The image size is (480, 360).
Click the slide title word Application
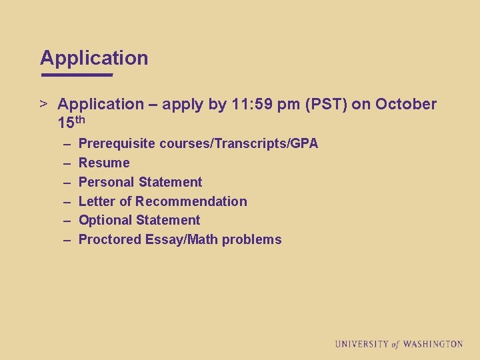pyautogui.click(x=94, y=58)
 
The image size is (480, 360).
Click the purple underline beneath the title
pyautogui.click(x=77, y=75)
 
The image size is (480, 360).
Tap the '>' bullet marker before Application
pyautogui.click(x=43, y=104)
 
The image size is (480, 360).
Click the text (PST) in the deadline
pyautogui.click(x=327, y=104)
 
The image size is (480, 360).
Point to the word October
pyautogui.click(x=406, y=104)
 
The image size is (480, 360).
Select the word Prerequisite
pyautogui.click(x=117, y=144)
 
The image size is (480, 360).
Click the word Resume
pyautogui.click(x=104, y=163)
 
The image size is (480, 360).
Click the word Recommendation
pyautogui.click(x=191, y=201)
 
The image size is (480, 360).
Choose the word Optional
pyautogui.click(x=105, y=221)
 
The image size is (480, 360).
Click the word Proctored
pyautogui.click(x=110, y=239)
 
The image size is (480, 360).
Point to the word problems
pyautogui.click(x=252, y=239)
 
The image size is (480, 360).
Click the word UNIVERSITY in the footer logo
pyautogui.click(x=361, y=344)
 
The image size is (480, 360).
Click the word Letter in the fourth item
pyautogui.click(x=97, y=201)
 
